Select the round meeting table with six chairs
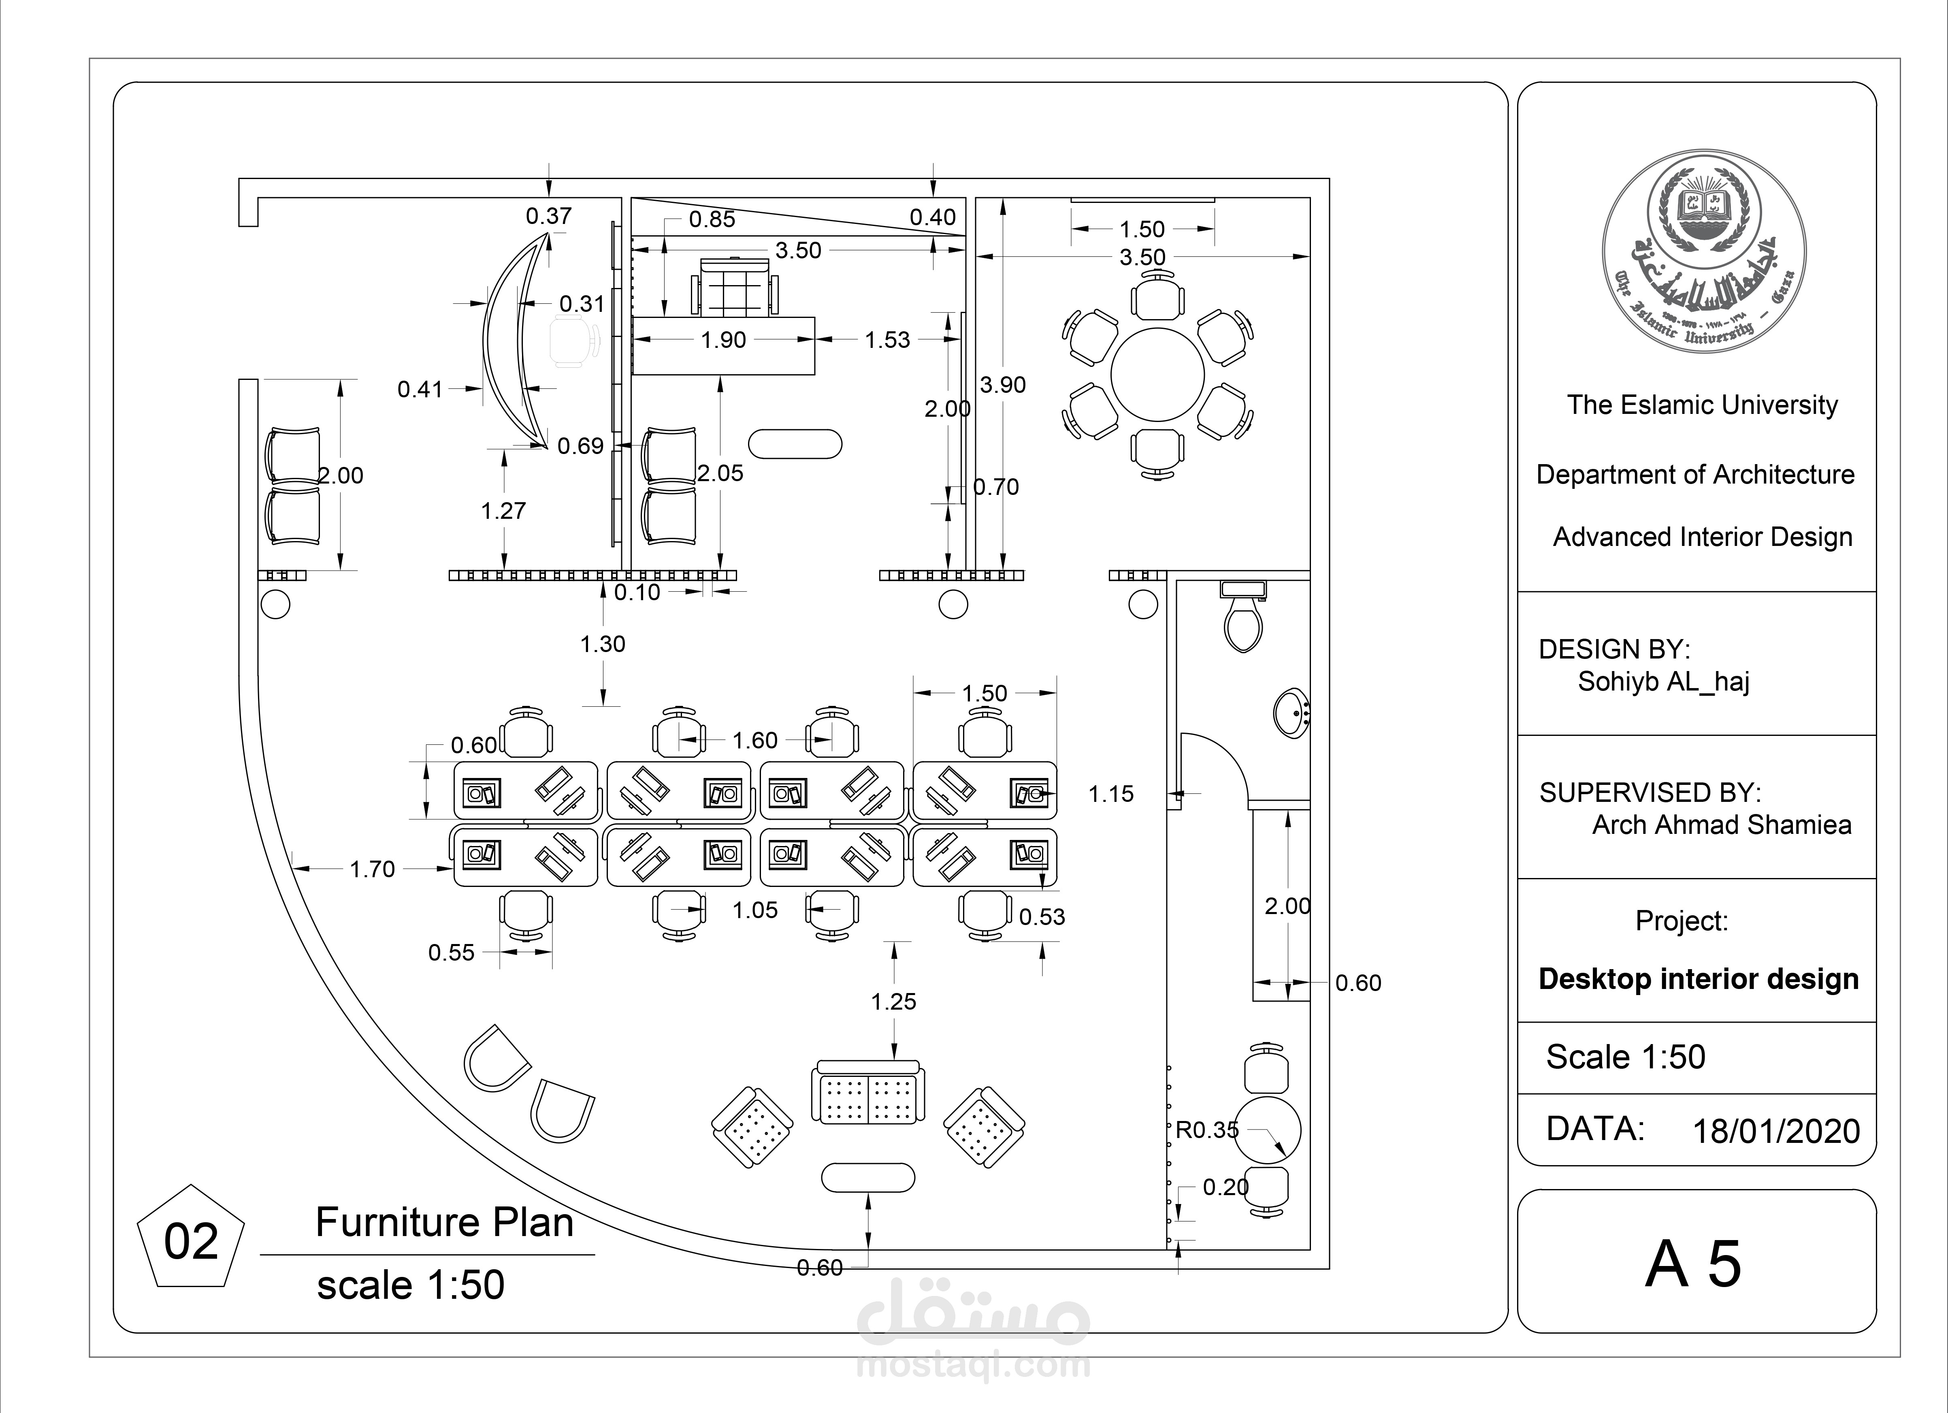pyautogui.click(x=1158, y=375)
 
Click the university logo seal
pyautogui.click(x=1704, y=251)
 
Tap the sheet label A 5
pyautogui.click(x=1693, y=1264)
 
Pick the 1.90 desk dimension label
pyautogui.click(x=723, y=340)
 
